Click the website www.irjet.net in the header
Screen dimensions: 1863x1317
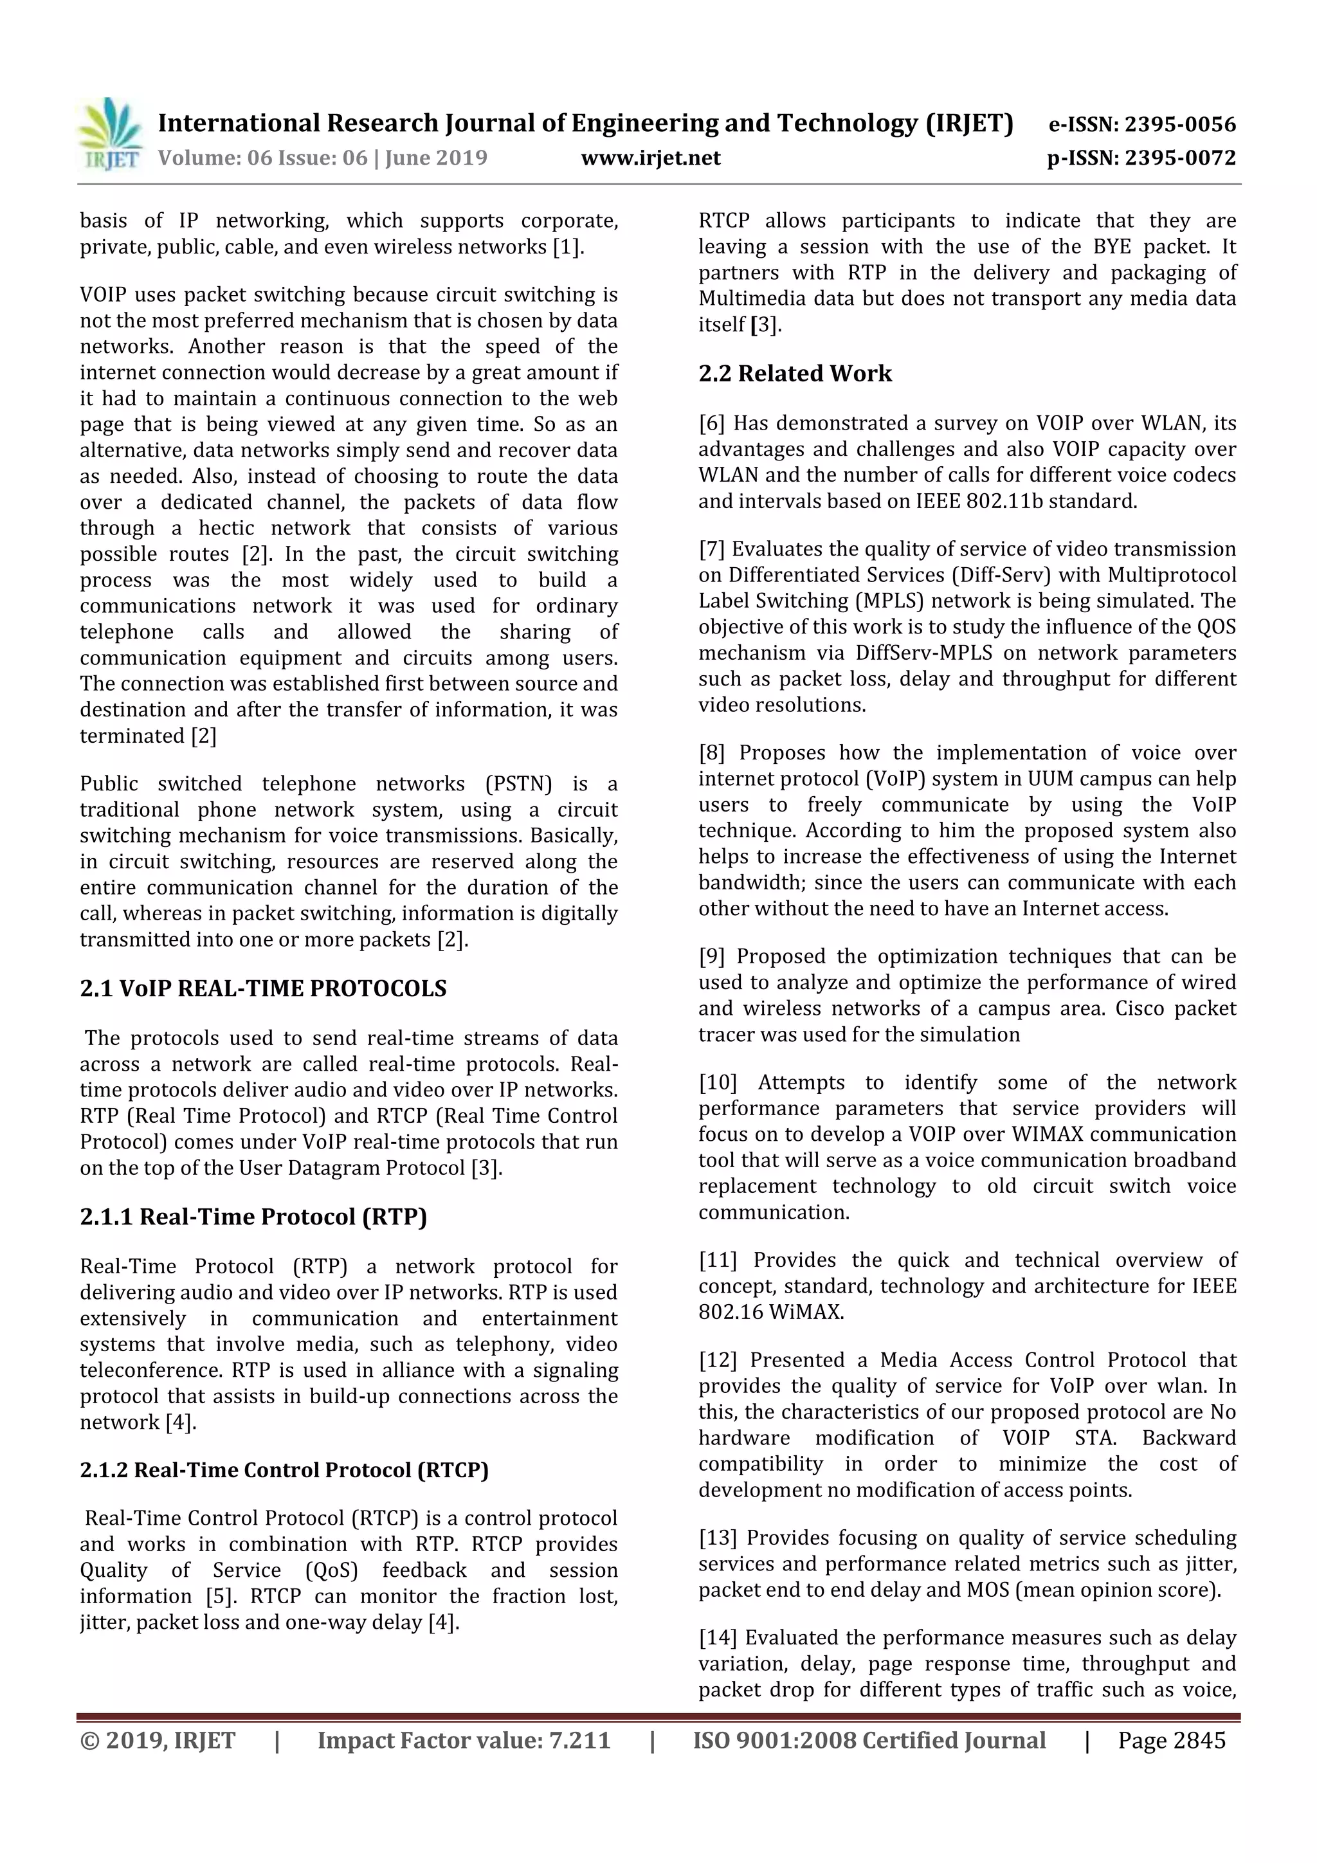tap(651, 158)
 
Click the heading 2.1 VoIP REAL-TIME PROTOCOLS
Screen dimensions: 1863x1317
tap(263, 988)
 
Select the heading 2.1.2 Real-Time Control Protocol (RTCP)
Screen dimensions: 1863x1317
tap(284, 1470)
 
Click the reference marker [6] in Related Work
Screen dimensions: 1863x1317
tap(712, 423)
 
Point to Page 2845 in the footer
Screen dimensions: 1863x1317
tap(1171, 1740)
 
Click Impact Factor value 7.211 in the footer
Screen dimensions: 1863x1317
tap(464, 1740)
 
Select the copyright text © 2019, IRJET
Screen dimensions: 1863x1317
tap(158, 1740)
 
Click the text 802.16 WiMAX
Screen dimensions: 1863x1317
tap(770, 1312)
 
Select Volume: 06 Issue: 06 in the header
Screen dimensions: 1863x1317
tap(262, 158)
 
